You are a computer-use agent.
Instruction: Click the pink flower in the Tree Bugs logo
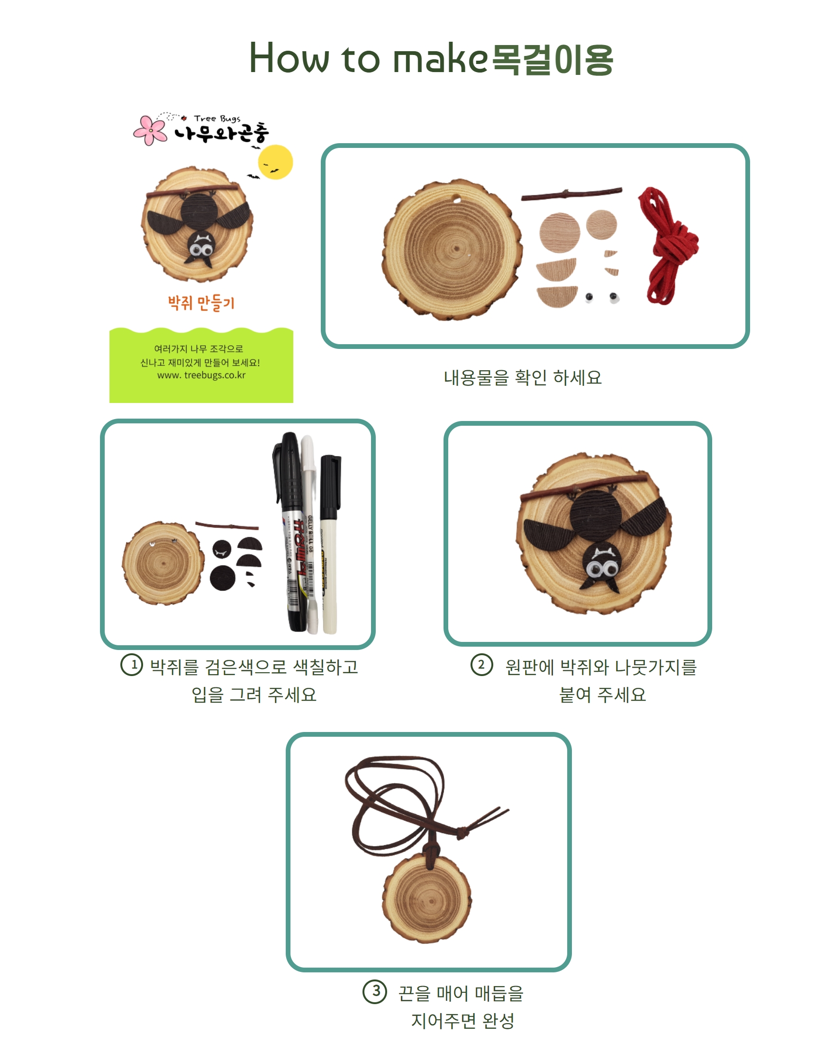[150, 130]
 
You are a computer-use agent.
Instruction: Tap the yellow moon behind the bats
[275, 162]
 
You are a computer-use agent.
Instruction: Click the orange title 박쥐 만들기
[201, 303]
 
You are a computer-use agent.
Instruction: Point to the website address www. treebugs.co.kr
[201, 375]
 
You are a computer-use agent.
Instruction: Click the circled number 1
[132, 665]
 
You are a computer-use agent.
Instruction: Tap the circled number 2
[482, 665]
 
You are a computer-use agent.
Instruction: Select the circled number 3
[375, 992]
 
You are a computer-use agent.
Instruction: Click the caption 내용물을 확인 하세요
[523, 378]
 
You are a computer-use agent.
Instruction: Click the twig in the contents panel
[571, 194]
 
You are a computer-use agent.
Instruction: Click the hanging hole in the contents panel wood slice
[457, 199]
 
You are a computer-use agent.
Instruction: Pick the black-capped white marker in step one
[330, 544]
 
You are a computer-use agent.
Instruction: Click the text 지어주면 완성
[462, 1021]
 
